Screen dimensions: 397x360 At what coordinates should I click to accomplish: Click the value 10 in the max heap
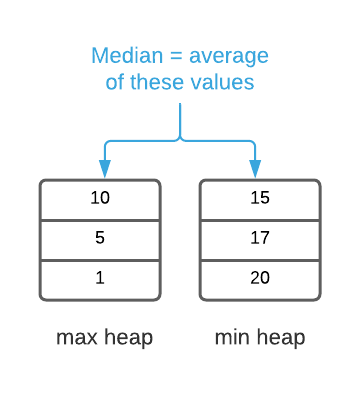point(100,198)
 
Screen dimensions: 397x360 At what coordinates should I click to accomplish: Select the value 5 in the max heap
point(100,239)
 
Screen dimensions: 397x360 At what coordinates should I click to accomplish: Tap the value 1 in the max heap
point(100,278)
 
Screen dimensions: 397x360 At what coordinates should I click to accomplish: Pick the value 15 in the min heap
point(260,198)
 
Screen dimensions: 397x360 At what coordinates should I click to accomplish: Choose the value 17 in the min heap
point(260,239)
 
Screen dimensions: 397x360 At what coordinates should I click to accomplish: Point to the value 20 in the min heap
point(260,278)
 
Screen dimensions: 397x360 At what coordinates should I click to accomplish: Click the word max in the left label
point(76,339)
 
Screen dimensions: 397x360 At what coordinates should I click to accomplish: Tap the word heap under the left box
point(126,339)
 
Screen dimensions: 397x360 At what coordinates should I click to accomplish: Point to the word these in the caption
point(164,81)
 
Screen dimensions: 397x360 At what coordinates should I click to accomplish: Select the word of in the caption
point(115,81)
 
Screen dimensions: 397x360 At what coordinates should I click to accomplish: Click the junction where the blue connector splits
point(180,137)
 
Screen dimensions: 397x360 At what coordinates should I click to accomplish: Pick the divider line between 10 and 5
point(100,220)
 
